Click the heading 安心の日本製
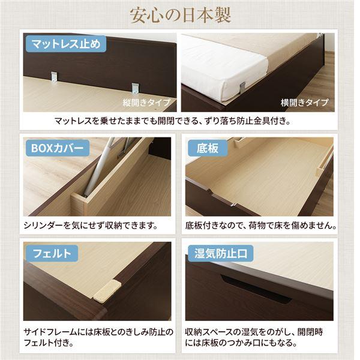click(179, 14)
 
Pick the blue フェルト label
click(51, 253)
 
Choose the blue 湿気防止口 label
click(220, 253)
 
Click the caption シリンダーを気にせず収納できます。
click(90, 226)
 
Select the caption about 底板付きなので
click(260, 226)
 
